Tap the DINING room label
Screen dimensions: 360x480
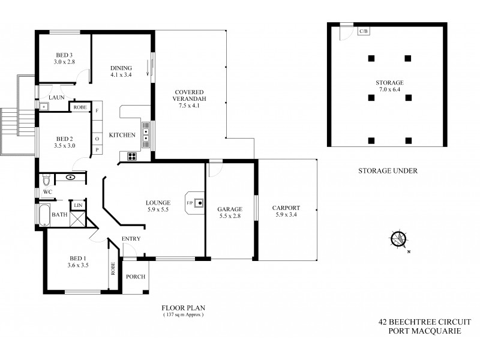click(121, 68)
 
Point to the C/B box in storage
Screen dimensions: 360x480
click(364, 31)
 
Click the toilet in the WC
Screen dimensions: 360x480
click(46, 180)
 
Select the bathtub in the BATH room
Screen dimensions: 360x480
click(45, 214)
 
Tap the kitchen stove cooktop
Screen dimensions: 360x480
click(130, 157)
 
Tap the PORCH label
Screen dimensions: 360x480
click(135, 277)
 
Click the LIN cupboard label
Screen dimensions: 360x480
click(77, 205)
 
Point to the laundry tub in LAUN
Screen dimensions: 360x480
click(44, 107)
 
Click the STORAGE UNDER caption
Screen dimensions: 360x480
click(387, 170)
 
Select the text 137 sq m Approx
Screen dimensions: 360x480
click(184, 314)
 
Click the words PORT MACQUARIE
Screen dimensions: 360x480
click(424, 331)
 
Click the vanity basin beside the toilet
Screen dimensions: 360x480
click(70, 177)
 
